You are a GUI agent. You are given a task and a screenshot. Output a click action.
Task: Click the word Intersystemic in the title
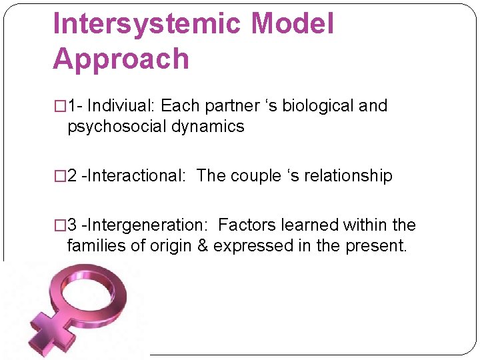(x=146, y=24)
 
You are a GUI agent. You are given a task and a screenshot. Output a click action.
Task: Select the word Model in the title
(x=291, y=24)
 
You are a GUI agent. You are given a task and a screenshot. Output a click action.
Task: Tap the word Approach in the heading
(x=121, y=59)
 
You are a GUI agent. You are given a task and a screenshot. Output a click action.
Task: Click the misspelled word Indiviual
(x=121, y=106)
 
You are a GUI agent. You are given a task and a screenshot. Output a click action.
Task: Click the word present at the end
(x=375, y=245)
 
